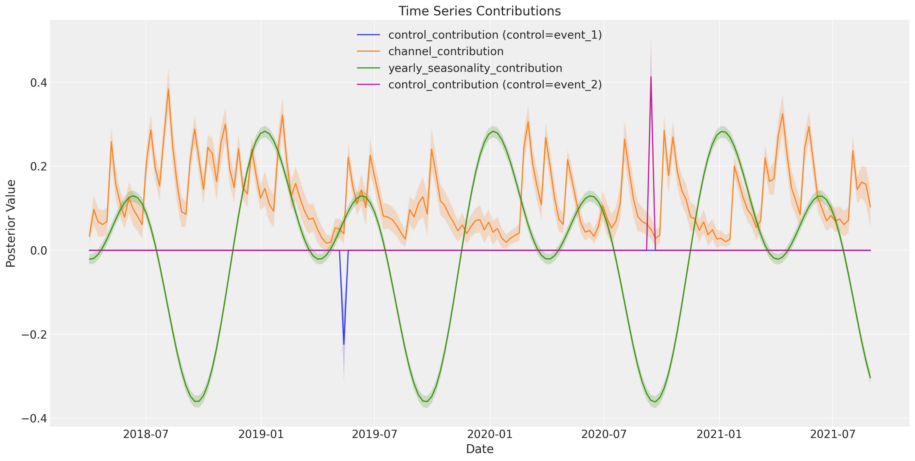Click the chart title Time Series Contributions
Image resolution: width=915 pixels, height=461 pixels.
coord(480,11)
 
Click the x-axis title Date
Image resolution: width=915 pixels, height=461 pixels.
coord(480,449)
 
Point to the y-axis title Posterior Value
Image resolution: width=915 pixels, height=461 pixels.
coord(11,224)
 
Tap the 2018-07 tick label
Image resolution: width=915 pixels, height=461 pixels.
coord(146,434)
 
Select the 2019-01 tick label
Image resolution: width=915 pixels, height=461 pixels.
coord(261,434)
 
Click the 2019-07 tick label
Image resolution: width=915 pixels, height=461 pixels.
coord(374,434)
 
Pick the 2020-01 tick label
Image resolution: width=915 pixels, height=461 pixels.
coord(490,434)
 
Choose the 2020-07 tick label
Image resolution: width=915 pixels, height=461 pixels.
coord(604,434)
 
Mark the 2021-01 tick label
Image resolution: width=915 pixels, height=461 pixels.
coord(719,434)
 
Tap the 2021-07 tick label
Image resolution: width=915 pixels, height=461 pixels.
coord(833,434)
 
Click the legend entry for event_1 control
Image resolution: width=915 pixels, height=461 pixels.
coord(480,35)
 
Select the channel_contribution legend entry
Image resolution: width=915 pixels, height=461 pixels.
coord(430,51)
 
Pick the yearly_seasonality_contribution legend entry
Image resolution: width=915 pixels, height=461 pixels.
coord(460,68)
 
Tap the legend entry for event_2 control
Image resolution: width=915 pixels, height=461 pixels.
coord(480,85)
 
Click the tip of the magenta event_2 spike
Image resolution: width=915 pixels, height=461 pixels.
coord(651,76)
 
